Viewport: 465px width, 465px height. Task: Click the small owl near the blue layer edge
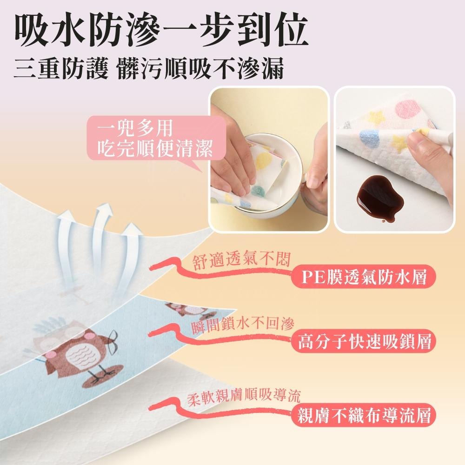tap(184, 308)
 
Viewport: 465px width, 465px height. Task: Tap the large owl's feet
tap(100, 377)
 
